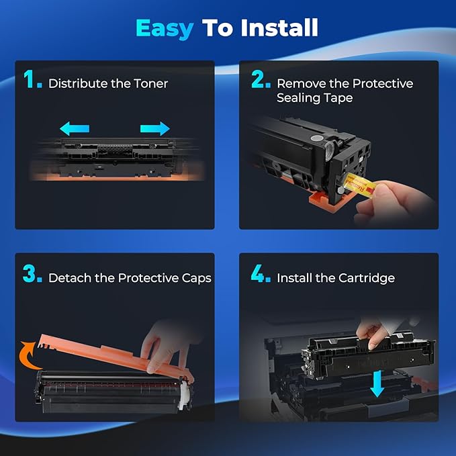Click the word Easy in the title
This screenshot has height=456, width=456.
tap(164, 28)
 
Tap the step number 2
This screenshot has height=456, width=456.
tap(260, 82)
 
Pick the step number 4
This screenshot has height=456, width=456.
tap(261, 275)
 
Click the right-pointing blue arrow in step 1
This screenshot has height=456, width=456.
tap(154, 128)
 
